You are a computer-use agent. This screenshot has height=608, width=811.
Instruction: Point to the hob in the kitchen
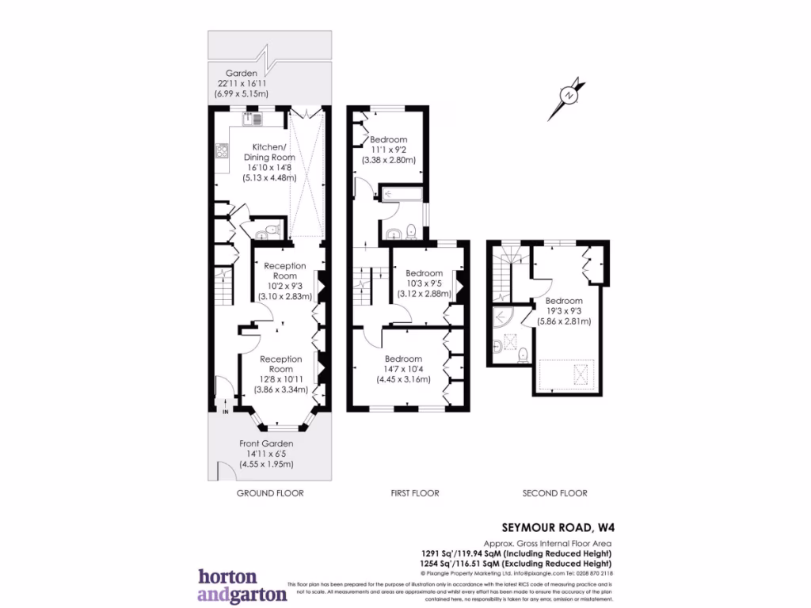pyautogui.click(x=221, y=151)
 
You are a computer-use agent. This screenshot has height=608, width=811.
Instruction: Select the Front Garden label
pyautogui.click(x=266, y=454)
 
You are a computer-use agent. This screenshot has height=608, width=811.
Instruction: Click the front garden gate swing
pyautogui.click(x=226, y=472)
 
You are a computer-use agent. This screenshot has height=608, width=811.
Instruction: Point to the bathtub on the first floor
pyautogui.click(x=401, y=193)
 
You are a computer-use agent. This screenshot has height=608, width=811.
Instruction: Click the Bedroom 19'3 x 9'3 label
pyautogui.click(x=563, y=311)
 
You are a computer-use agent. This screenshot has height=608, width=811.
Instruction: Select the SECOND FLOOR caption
pyautogui.click(x=554, y=493)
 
